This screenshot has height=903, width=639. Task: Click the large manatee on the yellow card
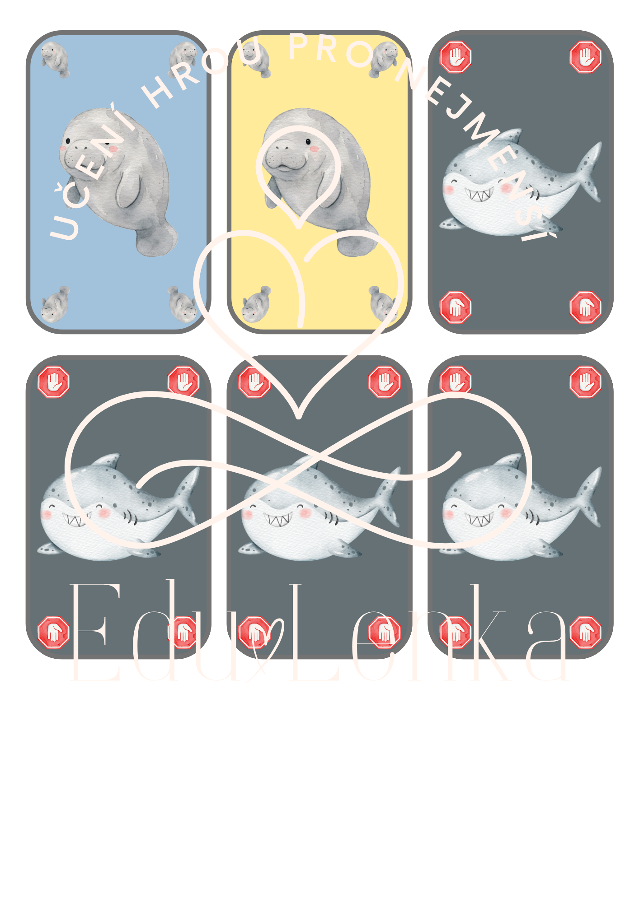[x=319, y=181]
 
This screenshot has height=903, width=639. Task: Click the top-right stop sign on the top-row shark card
[x=586, y=57]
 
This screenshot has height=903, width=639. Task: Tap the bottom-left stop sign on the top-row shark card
[x=456, y=307]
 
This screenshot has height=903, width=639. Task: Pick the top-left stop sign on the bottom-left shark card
[x=54, y=382]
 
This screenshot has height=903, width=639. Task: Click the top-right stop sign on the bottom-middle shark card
[x=385, y=382]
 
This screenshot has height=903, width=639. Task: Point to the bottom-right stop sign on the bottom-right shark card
[x=586, y=632]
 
